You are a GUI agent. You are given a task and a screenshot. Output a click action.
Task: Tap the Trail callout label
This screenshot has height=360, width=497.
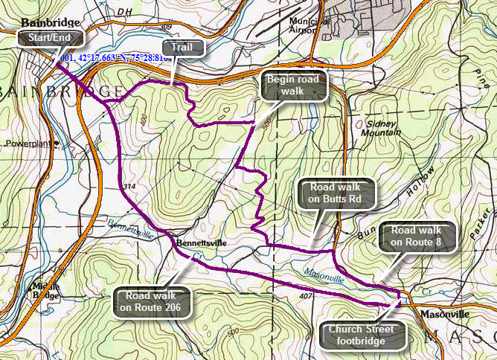[x=176, y=48]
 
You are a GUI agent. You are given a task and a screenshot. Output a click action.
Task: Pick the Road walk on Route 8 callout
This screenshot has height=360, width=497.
[x=416, y=236]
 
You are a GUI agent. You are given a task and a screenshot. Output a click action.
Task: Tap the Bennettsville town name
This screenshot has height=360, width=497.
[x=201, y=242]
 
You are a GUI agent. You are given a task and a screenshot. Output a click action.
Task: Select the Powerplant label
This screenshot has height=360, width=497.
[x=28, y=144]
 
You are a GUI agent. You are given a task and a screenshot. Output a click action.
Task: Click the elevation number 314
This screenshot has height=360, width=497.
[x=131, y=186]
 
